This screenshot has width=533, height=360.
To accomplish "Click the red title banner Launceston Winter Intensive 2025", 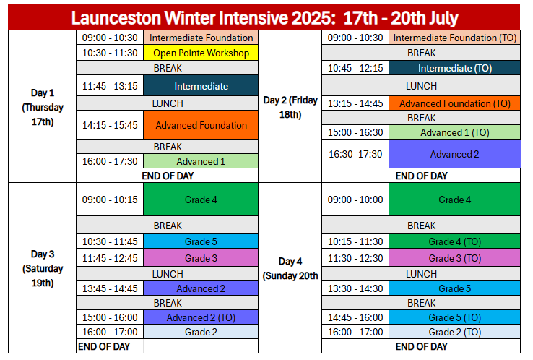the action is [x=264, y=17].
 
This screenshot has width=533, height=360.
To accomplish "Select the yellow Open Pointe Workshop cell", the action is [x=201, y=53].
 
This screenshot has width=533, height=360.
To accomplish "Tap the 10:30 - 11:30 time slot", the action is [x=110, y=53].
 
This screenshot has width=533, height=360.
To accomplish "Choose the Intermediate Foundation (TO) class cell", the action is [x=454, y=38].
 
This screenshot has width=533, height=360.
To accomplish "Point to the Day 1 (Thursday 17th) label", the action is [x=43, y=107].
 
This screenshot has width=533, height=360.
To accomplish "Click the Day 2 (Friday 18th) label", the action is [x=290, y=107].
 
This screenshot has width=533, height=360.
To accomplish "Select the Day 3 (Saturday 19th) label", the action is [x=43, y=268].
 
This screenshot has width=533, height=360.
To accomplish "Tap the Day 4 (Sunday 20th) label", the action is [x=290, y=268].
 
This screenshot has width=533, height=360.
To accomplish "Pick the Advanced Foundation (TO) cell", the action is [x=454, y=103].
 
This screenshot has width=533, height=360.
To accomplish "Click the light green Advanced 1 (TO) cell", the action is [x=454, y=132].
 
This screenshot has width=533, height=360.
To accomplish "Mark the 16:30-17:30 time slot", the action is [x=355, y=154].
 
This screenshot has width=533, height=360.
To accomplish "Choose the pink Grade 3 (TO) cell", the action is [x=454, y=258].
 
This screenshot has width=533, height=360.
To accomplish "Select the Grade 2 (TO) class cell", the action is [x=454, y=332].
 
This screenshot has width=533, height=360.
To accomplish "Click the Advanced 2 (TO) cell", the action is [x=201, y=317].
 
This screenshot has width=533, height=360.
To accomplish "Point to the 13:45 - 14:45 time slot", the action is [x=110, y=288].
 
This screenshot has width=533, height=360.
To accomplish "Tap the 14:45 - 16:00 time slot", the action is [x=355, y=317].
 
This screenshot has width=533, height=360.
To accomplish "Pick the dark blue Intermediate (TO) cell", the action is [x=454, y=68].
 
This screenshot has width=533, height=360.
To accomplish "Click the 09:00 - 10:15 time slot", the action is [x=110, y=200].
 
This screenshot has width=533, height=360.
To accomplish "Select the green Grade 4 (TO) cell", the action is [x=454, y=241].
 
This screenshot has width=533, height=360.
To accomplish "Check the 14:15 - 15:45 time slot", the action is [x=110, y=125].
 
